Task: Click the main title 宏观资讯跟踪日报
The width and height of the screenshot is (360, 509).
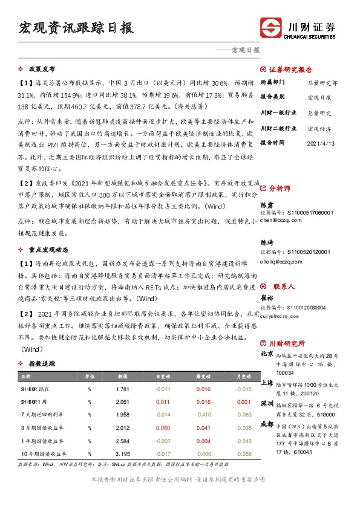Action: (76, 28)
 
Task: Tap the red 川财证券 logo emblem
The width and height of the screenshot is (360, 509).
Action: (271, 28)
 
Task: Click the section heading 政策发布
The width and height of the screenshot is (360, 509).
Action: (42, 69)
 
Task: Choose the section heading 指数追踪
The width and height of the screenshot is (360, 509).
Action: (42, 364)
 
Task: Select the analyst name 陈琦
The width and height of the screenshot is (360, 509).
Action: (267, 242)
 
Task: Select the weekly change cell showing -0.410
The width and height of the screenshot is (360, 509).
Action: (203, 415)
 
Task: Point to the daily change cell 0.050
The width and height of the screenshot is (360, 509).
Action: (163, 427)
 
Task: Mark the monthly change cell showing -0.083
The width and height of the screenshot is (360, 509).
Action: (244, 415)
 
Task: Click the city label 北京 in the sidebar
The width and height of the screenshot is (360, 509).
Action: (267, 354)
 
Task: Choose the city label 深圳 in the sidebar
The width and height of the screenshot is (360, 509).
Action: (267, 403)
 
